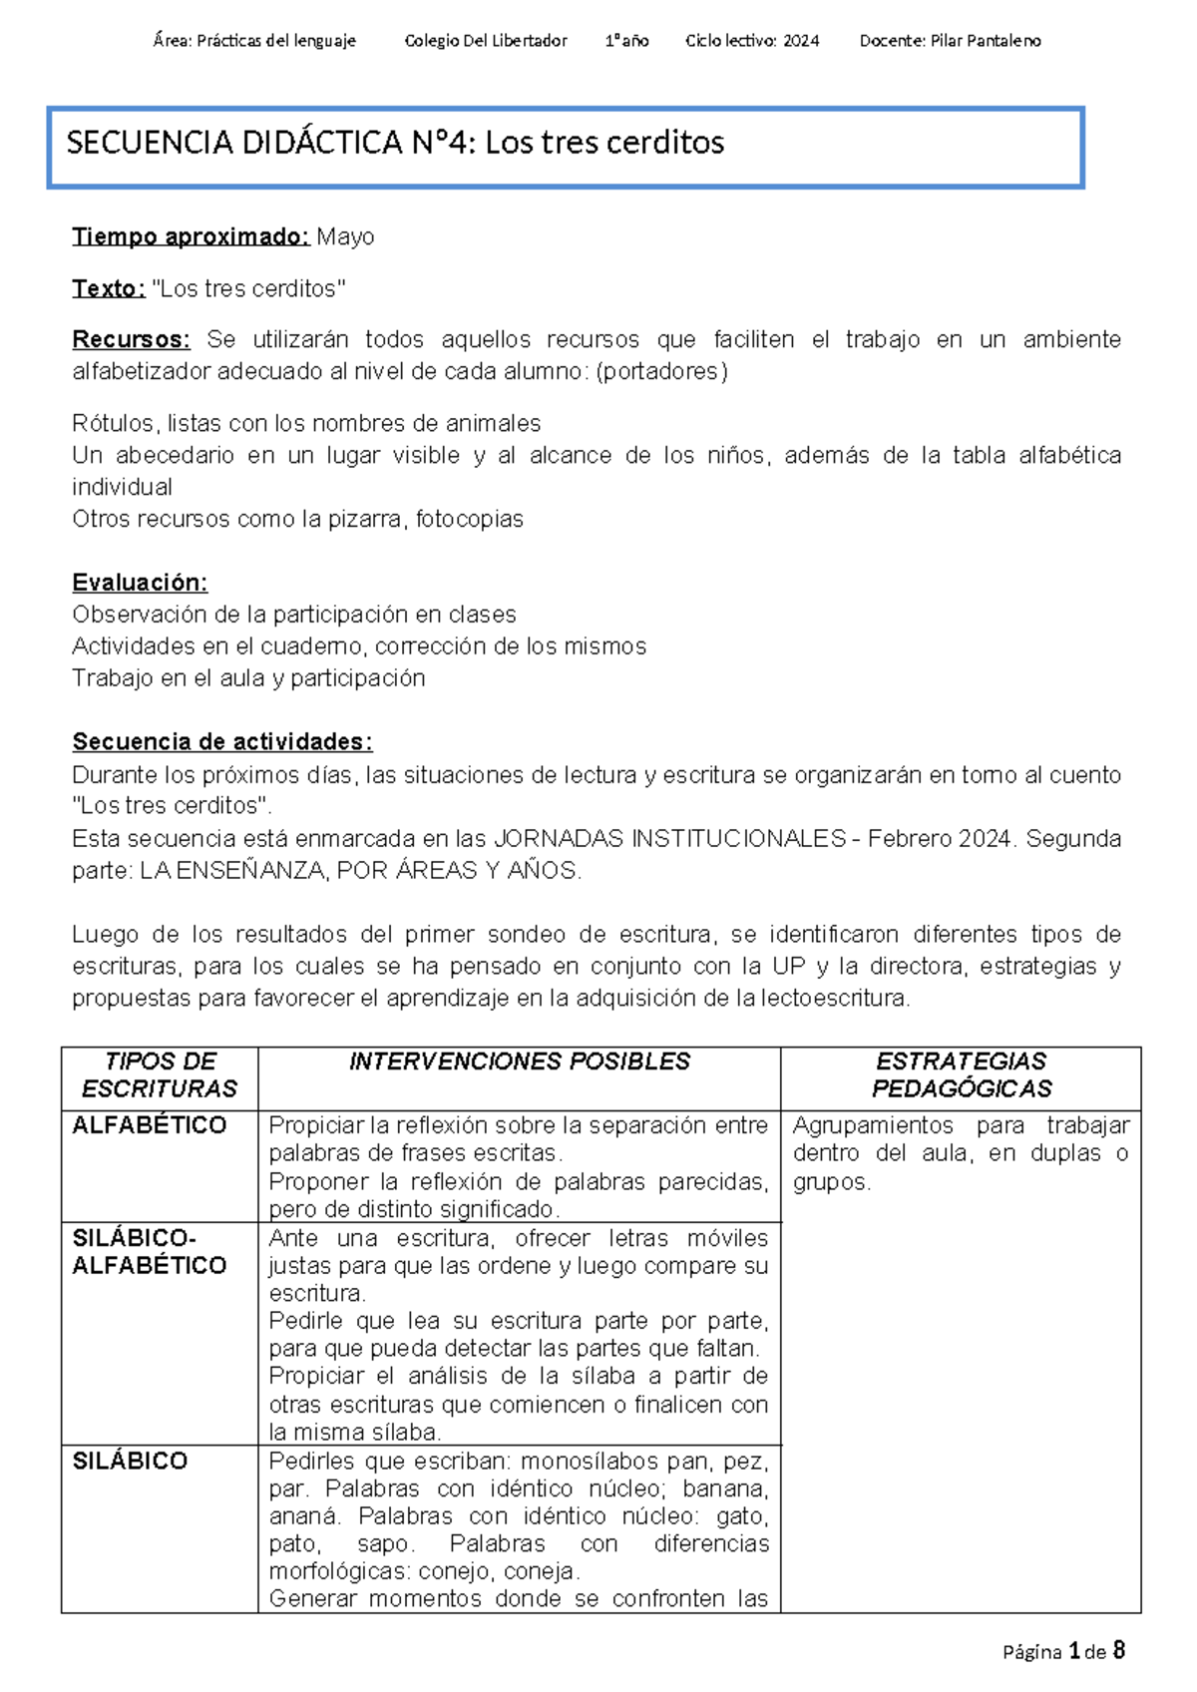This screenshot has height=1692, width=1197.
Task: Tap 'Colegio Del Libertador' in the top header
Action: pyautogui.click(x=486, y=41)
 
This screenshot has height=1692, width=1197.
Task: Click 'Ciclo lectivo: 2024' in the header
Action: pyautogui.click(x=752, y=41)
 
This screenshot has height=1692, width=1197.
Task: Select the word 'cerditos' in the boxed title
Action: pyautogui.click(x=664, y=143)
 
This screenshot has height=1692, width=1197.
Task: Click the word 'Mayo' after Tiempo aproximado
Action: pyautogui.click(x=345, y=236)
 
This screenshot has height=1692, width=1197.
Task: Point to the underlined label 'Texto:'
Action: pyautogui.click(x=108, y=288)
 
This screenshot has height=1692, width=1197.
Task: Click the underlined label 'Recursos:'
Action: pyautogui.click(x=131, y=339)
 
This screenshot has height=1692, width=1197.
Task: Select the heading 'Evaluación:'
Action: pyautogui.click(x=140, y=583)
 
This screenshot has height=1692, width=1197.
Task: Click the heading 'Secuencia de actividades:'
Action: pyautogui.click(x=221, y=741)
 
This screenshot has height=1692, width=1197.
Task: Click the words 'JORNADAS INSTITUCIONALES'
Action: pyautogui.click(x=669, y=838)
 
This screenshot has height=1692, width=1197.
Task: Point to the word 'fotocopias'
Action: pyautogui.click(x=469, y=519)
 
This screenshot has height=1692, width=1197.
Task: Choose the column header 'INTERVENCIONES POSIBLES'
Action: pyautogui.click(x=519, y=1061)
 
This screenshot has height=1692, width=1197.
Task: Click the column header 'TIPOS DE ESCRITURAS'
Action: pyautogui.click(x=160, y=1074)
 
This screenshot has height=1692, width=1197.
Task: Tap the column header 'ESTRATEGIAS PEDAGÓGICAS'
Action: pyautogui.click(x=961, y=1074)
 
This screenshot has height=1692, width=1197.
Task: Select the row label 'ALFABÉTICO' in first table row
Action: pyautogui.click(x=150, y=1125)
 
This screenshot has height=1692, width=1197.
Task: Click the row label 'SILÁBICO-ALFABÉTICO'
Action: pyautogui.click(x=150, y=1251)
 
